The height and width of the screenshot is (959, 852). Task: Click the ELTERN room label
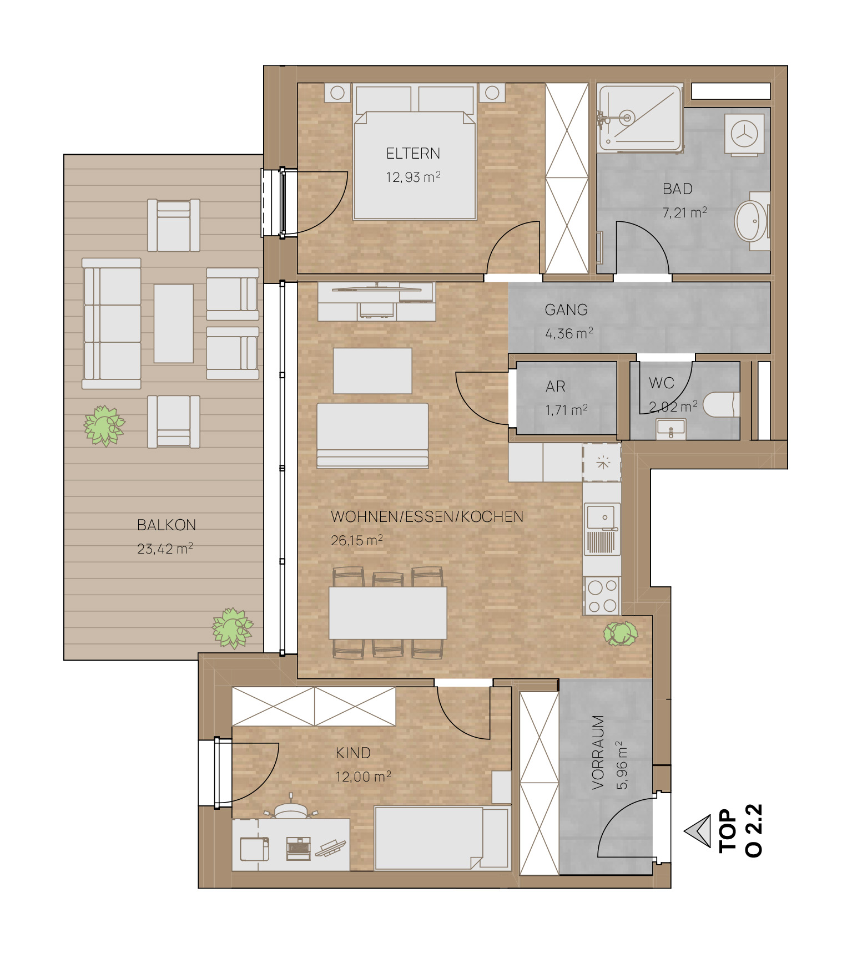[413, 153]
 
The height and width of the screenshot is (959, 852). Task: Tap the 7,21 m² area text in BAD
[684, 212]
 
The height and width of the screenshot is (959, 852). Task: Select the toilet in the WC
[721, 405]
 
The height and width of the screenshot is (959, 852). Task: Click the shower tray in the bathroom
[640, 118]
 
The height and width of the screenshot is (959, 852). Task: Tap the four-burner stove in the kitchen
[602, 596]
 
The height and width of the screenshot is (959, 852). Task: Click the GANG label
[566, 309]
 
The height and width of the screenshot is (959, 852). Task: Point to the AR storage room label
[556, 386]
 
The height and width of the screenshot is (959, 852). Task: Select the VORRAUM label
[598, 752]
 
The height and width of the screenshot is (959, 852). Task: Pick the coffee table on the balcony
[174, 323]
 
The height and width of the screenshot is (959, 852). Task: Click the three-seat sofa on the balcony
[112, 323]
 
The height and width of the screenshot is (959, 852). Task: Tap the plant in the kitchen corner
[621, 633]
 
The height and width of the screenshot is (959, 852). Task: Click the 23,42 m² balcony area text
[165, 549]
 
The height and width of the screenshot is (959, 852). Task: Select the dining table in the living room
[388, 613]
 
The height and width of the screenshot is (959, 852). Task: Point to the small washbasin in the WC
[671, 429]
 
